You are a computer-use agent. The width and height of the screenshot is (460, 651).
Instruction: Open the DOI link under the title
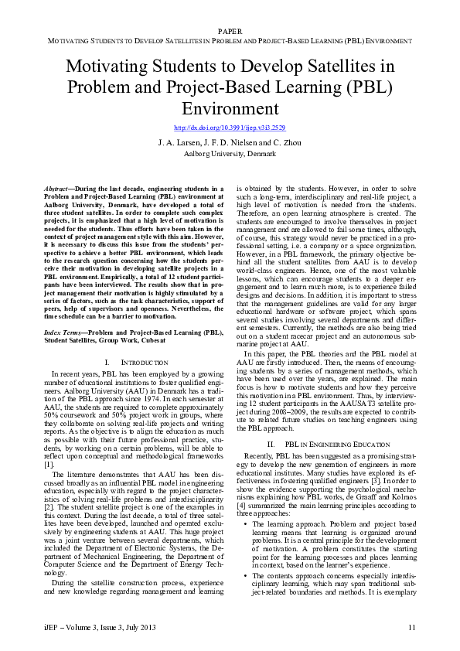230,127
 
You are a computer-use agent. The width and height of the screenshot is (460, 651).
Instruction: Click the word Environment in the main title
230,107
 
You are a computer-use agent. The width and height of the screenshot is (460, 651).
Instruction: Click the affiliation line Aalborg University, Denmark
230,153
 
